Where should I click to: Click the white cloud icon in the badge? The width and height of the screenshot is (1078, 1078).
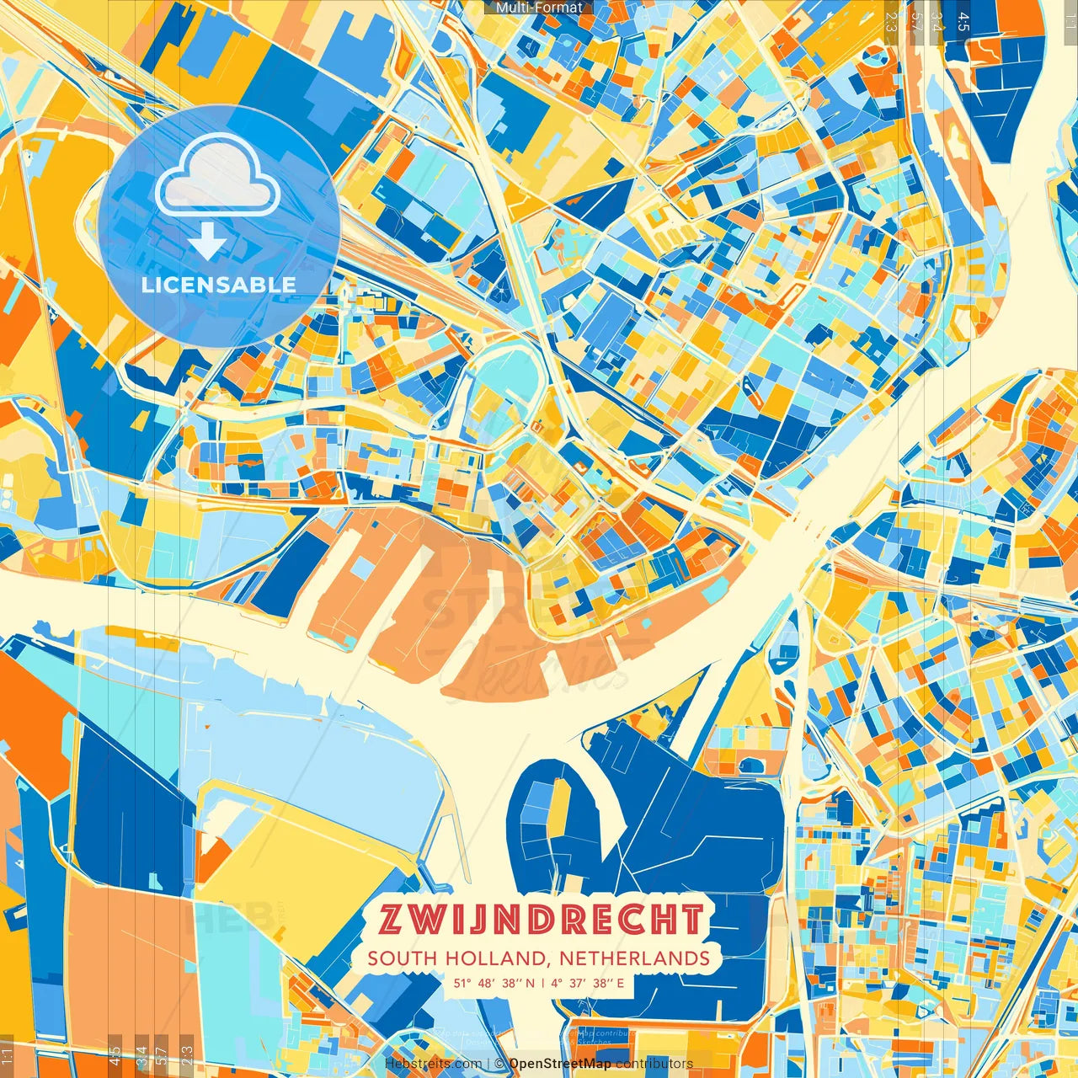[217, 175]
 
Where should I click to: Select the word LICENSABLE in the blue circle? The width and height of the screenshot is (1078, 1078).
[219, 285]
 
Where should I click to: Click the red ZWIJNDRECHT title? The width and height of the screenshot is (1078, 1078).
[541, 920]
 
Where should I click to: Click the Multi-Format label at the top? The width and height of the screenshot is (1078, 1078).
[539, 8]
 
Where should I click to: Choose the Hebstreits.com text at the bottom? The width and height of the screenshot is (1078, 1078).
[433, 1064]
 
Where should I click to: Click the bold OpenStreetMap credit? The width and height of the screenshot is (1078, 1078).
[560, 1064]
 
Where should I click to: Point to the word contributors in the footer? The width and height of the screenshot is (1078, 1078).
[654, 1064]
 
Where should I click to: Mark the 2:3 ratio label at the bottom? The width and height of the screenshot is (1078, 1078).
[187, 1054]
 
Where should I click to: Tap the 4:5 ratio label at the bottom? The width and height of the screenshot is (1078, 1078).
[115, 1054]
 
